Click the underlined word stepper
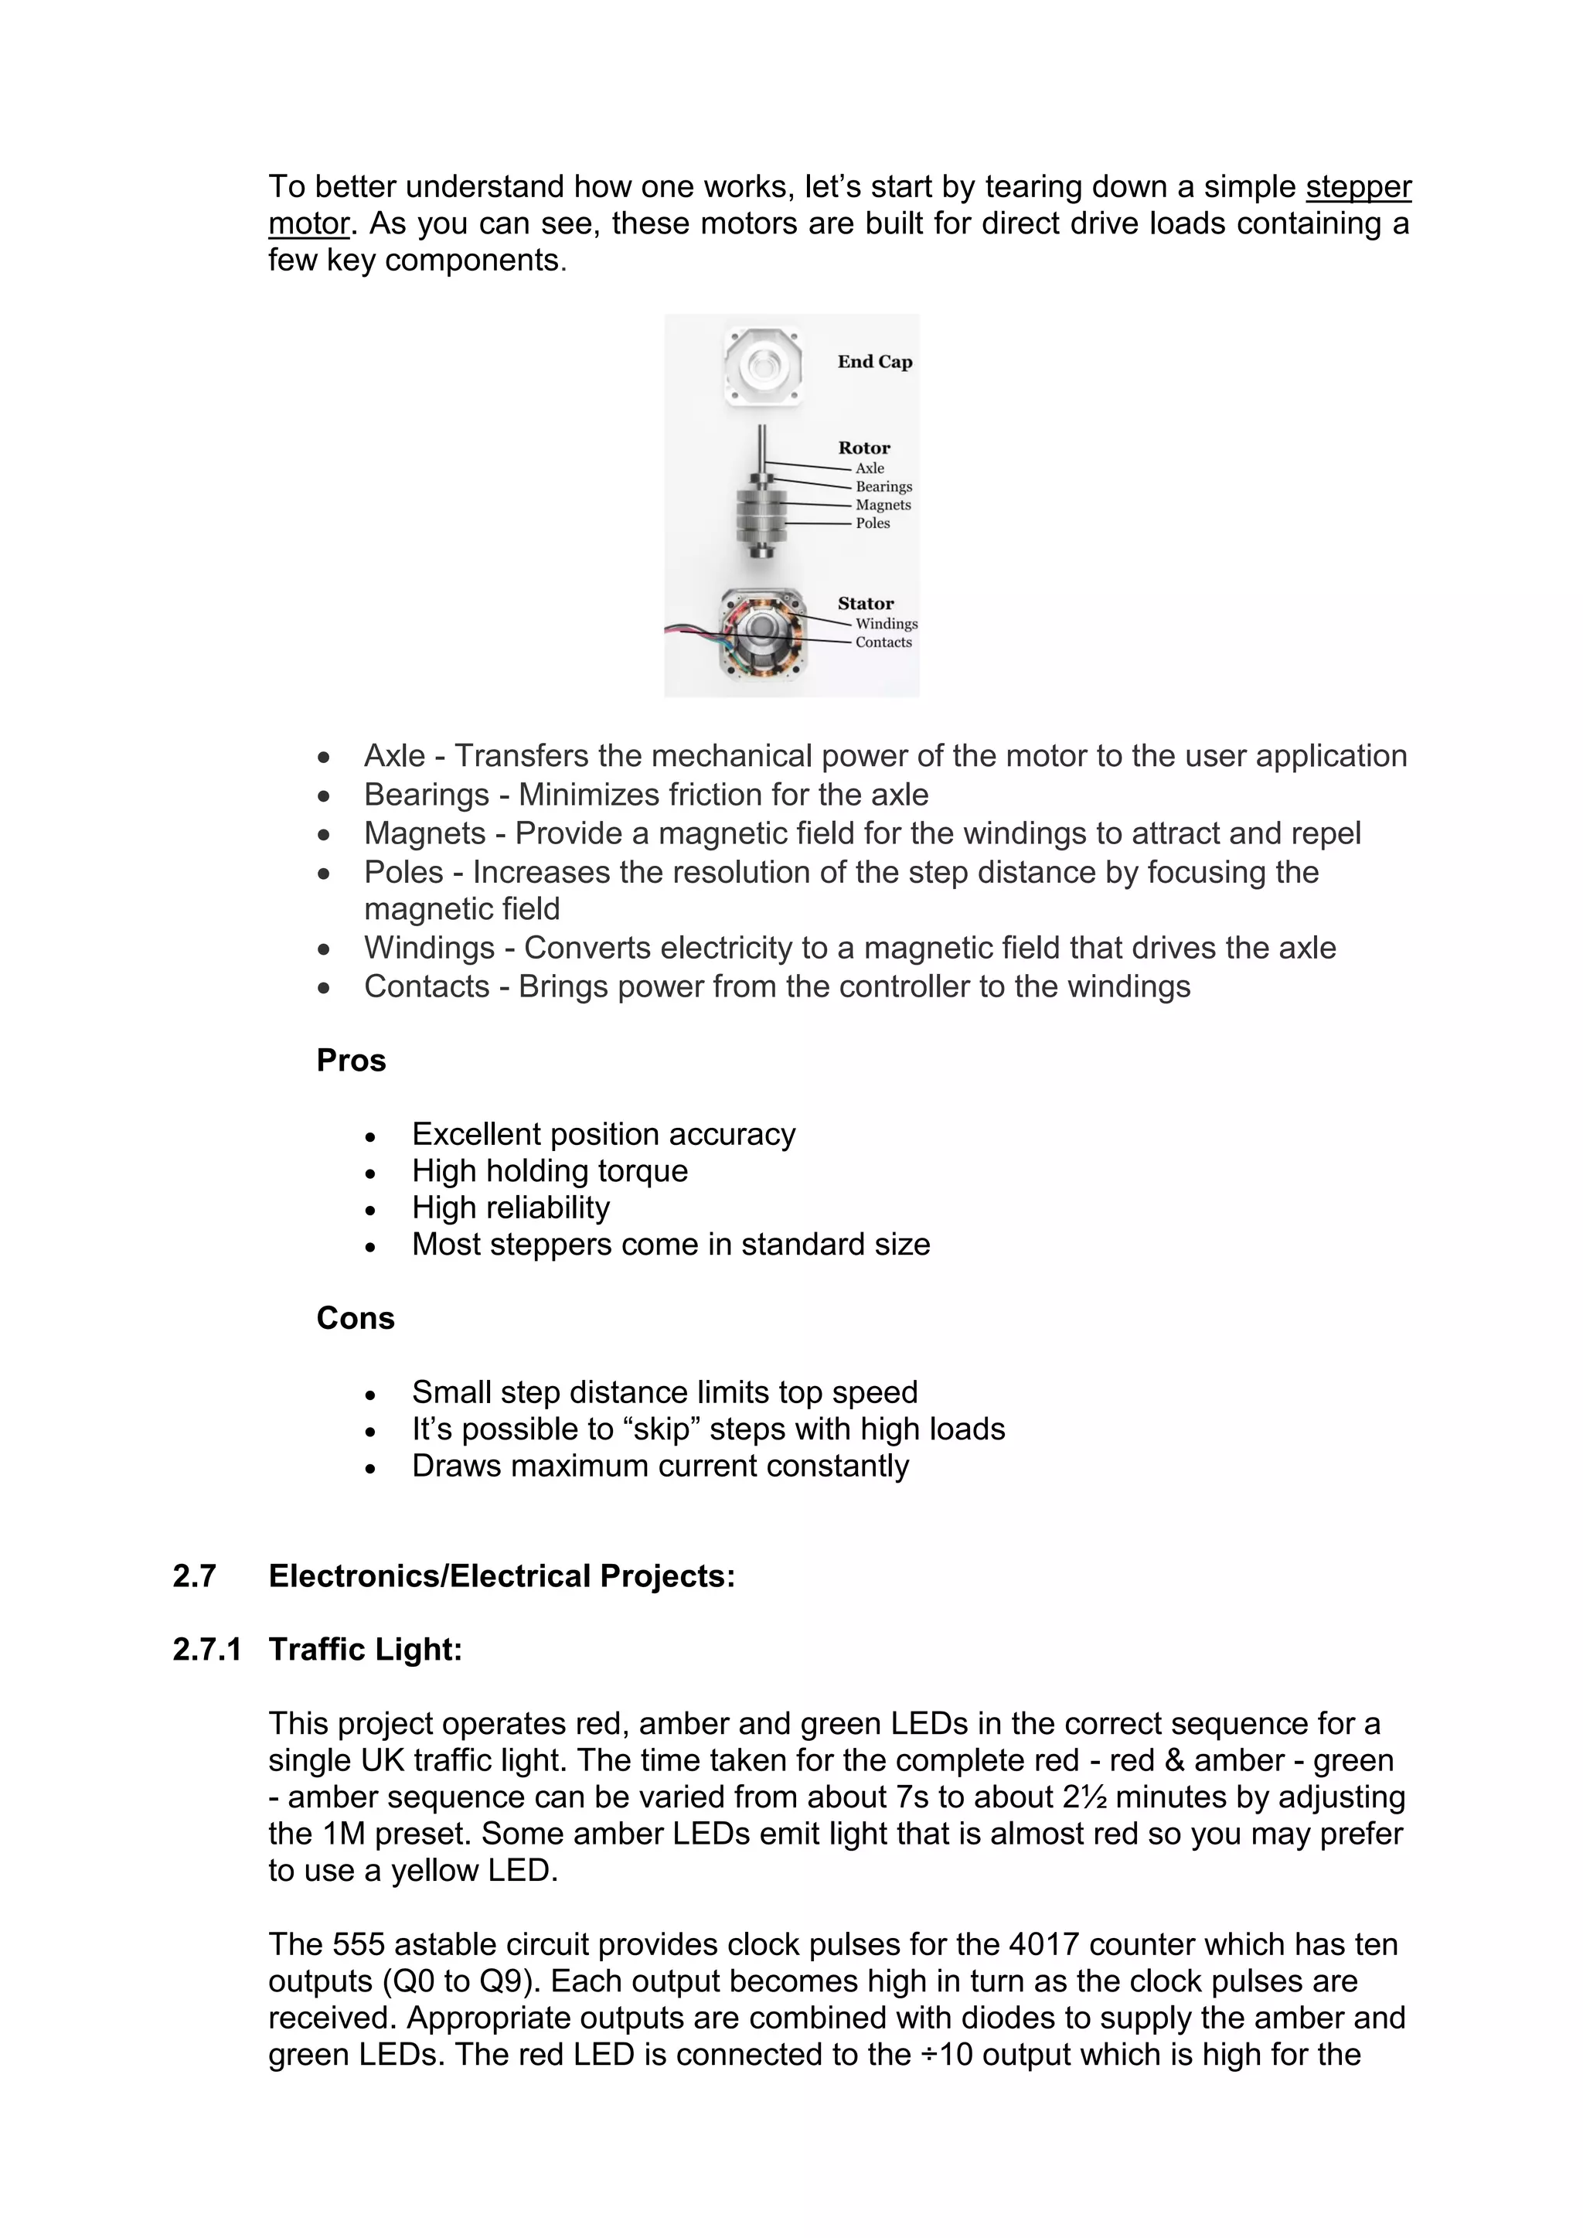1358,186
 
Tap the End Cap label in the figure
874,362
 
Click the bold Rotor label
863,448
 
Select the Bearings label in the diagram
883,486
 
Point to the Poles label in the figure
873,523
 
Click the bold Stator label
866,603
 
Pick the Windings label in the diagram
886,624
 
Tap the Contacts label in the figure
883,642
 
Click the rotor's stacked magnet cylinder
761,515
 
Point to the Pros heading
351,1061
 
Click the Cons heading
355,1318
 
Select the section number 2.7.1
206,1649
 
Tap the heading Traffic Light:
366,1649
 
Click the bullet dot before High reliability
370,1210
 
